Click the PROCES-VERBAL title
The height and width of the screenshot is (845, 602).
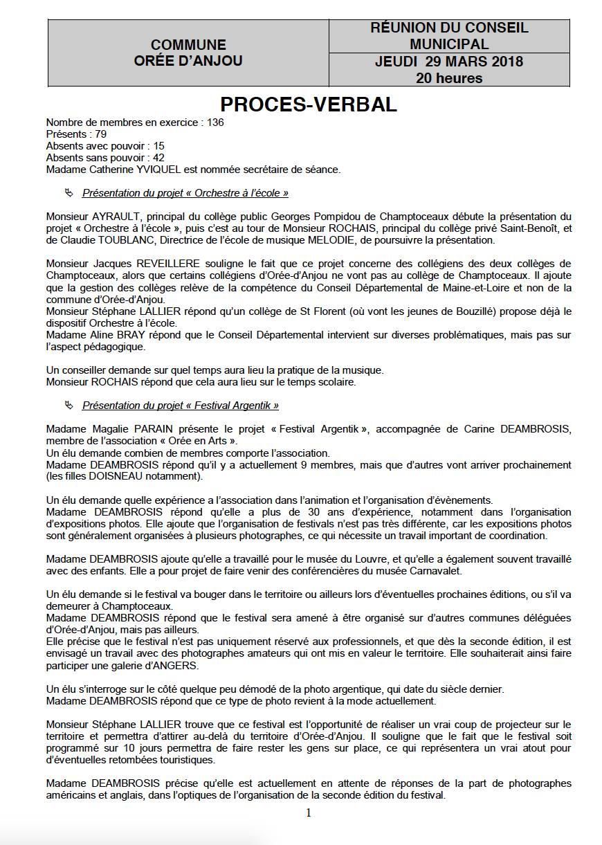pos(309,105)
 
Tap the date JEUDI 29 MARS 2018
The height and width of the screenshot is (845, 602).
pos(448,62)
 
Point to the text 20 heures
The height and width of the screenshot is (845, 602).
pos(448,78)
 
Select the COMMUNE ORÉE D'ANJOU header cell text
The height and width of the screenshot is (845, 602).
pos(188,53)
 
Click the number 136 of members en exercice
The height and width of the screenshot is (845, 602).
pos(215,122)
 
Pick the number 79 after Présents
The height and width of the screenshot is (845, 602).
pos(100,134)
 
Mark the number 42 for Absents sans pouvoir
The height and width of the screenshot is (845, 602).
pos(158,158)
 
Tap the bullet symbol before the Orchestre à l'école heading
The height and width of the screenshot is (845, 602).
pos(68,193)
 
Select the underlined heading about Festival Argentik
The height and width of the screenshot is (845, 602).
pos(180,406)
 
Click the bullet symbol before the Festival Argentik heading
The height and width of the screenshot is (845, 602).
pos(68,406)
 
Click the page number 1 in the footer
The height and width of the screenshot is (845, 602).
pos(309,812)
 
